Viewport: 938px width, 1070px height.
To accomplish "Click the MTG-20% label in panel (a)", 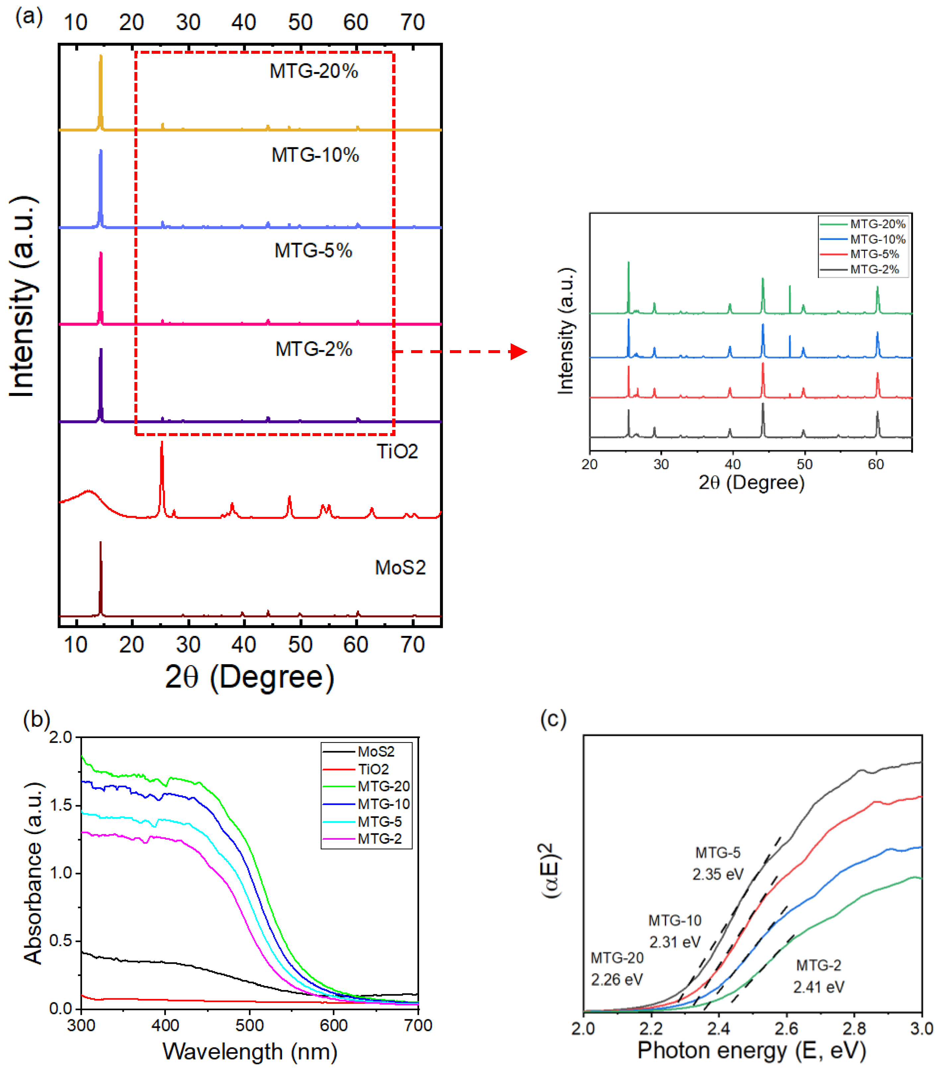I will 314,71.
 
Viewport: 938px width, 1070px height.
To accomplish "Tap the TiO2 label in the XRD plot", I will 397,451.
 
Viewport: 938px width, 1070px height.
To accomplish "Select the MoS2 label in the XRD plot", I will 400,568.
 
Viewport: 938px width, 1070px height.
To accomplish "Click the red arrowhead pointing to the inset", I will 518,352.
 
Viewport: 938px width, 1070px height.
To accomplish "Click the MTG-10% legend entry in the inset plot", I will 877,239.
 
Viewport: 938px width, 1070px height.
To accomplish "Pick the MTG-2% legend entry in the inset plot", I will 874,269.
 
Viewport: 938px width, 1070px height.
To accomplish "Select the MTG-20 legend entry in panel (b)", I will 383,786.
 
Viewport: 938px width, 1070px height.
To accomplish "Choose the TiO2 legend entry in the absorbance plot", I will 373,769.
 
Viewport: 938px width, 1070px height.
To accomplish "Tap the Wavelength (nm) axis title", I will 250,1051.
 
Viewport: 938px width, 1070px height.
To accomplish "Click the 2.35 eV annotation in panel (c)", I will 718,874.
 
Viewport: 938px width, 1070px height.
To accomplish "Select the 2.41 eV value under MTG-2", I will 818,987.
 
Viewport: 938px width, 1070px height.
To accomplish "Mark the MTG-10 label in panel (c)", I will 675,920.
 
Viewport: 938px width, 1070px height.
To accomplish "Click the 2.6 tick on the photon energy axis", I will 786,1029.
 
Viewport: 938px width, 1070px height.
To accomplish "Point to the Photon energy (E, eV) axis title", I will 752,1050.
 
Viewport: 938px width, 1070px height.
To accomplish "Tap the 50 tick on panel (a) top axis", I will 300,23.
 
